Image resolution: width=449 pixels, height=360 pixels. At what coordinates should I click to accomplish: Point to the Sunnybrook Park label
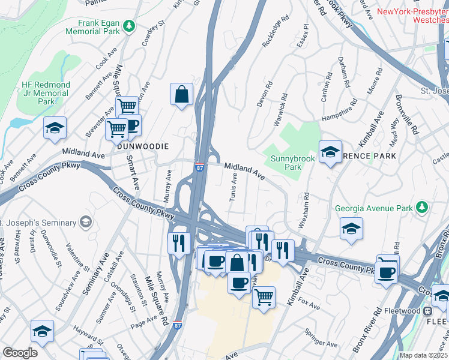pos(286,163)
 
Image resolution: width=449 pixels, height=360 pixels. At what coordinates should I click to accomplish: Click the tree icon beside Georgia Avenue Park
pos(423,208)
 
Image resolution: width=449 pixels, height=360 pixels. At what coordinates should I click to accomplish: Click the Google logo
pos(20,353)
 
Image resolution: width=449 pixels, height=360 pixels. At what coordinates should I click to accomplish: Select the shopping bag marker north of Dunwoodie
pos(181,94)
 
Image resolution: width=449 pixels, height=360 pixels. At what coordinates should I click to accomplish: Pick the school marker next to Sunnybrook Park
pos(330,152)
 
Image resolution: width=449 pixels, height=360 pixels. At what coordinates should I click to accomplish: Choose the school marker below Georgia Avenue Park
pos(351,229)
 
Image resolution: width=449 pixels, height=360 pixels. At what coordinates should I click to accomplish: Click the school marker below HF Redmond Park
pos(55,128)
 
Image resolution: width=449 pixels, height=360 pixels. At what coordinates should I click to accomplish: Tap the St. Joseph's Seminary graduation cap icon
pos(86,223)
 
